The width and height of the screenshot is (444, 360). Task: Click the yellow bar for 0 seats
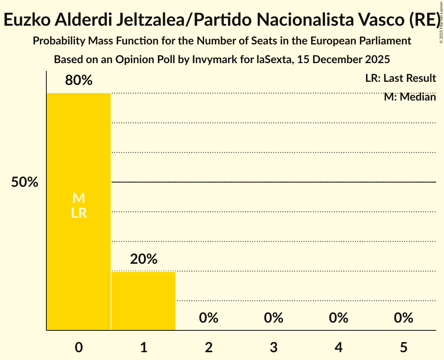point(79,253)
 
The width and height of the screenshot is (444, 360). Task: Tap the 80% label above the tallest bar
point(79,81)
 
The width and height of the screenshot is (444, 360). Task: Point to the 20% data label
point(143,259)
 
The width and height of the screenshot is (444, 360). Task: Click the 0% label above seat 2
point(209,318)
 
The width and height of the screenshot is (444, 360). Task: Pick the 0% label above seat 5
point(403,318)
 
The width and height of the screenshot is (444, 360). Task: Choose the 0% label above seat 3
point(274,318)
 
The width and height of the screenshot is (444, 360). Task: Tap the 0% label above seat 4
point(338,318)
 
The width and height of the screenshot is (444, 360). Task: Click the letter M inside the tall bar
point(79,198)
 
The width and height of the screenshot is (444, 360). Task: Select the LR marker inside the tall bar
point(79,213)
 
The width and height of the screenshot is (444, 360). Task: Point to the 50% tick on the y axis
point(25,182)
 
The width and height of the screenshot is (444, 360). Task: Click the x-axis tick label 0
point(79,348)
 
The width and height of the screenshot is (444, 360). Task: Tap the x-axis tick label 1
point(143,348)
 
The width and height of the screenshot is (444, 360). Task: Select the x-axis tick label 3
point(274,348)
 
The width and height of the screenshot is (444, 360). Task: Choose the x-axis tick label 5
point(403,348)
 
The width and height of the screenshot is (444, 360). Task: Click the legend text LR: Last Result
point(400,78)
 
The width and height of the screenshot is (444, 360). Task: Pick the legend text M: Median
point(410,97)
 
